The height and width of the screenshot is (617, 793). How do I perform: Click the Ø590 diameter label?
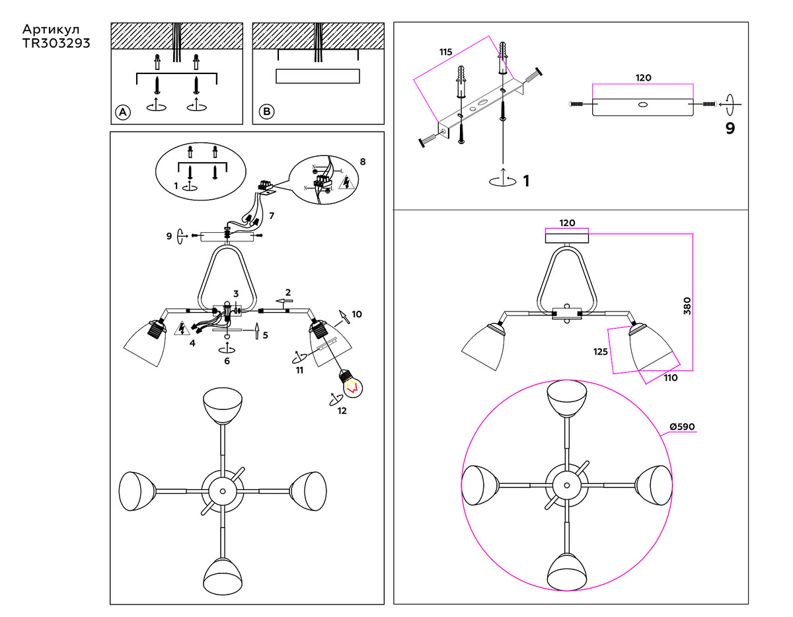pos(682,427)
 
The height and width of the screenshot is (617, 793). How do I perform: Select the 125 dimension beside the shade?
pos(600,352)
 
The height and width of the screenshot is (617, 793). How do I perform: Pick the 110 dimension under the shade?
pos(670,378)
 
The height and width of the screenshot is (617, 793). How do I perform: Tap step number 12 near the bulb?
pos(342,410)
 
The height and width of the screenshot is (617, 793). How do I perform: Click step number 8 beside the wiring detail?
pos(362,161)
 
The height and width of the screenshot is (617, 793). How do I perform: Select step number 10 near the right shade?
pos(357,313)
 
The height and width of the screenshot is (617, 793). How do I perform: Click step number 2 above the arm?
pos(287,292)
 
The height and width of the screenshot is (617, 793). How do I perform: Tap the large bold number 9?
pos(730,128)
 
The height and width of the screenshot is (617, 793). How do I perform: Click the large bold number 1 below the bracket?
pos(526,181)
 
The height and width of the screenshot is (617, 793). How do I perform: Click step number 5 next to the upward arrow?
pos(265,335)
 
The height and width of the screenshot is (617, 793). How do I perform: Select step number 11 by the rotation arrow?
pos(299,370)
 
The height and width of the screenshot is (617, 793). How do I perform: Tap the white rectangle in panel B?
pos(317,76)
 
